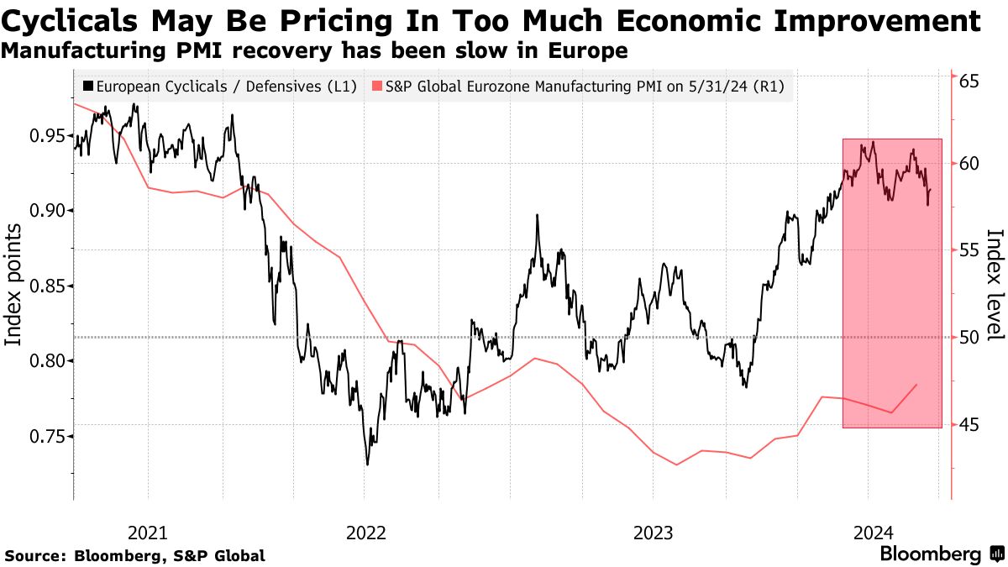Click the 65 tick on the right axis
[x=970, y=81]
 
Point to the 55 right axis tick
[x=970, y=250]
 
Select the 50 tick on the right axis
[x=970, y=338]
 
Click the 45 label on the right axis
[x=970, y=425]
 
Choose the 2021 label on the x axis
[x=149, y=532]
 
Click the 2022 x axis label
[x=365, y=532]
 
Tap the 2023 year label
[x=653, y=532]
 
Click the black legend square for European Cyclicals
[x=87, y=86]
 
